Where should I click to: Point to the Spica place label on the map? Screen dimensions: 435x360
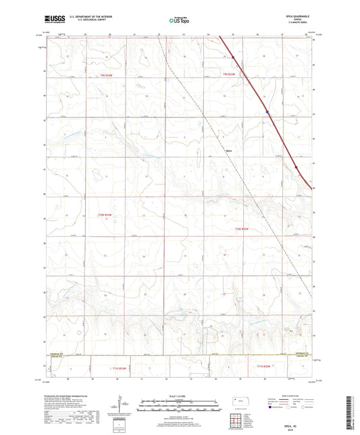point(230,150)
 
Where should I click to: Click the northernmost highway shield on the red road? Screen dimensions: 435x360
point(234,57)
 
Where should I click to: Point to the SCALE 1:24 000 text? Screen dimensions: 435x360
point(180,396)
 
